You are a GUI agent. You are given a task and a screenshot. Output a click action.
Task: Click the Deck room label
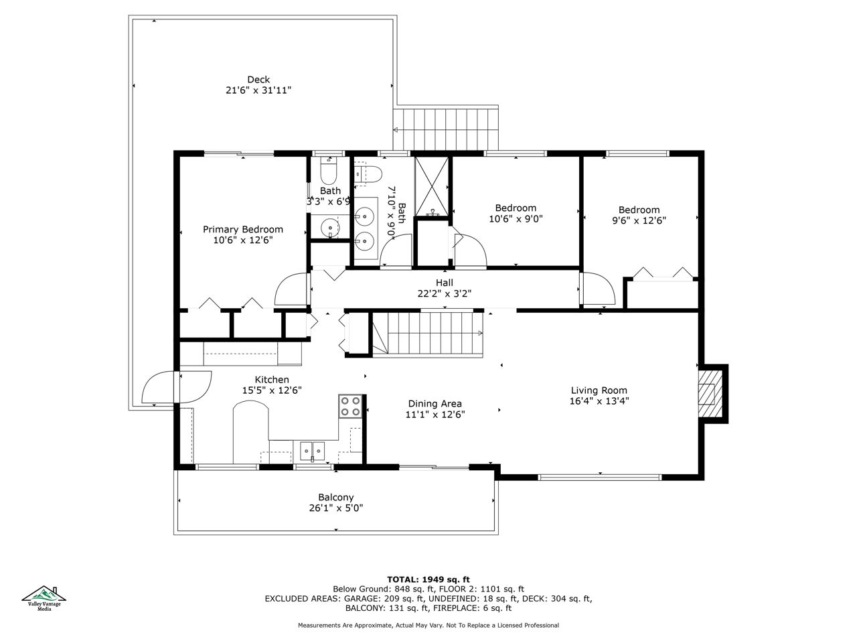[x=258, y=80]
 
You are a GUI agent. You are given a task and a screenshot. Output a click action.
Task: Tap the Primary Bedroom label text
[x=242, y=230]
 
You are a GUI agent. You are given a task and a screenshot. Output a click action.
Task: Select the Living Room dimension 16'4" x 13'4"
[x=599, y=401]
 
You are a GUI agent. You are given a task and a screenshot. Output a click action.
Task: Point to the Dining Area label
[x=435, y=404]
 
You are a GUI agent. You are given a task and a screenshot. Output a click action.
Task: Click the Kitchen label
[x=272, y=380]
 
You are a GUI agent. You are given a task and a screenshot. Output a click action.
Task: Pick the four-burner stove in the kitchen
[x=350, y=407]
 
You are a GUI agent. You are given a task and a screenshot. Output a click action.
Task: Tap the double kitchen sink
[x=312, y=451]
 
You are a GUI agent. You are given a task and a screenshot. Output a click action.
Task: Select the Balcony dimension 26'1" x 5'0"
[x=336, y=508]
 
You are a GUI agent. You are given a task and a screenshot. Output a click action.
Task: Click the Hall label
[x=445, y=283]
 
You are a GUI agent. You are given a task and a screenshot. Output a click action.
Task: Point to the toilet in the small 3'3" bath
[x=328, y=171]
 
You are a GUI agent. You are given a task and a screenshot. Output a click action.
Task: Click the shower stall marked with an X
[x=431, y=187]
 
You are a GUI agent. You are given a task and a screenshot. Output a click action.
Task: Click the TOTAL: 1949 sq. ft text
[x=428, y=580]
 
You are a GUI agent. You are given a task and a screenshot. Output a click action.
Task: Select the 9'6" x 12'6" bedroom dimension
[x=639, y=220]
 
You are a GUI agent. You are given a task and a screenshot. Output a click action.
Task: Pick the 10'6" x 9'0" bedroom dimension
[x=516, y=218]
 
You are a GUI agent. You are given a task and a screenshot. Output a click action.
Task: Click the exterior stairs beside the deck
[x=445, y=129]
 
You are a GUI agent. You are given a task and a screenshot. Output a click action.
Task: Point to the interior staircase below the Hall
[x=428, y=333]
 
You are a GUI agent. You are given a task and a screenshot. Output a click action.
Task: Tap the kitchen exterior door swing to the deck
[x=177, y=387]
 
